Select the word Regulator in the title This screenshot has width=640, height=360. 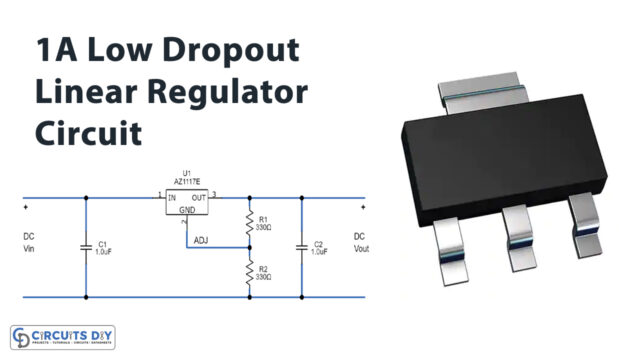[227, 92]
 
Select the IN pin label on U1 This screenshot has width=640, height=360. [173, 197]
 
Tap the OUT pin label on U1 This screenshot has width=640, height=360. [200, 197]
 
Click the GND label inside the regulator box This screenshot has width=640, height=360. [187, 210]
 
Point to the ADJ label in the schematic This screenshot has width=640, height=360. [201, 240]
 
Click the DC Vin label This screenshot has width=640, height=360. [28, 244]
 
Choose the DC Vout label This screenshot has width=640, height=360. [360, 244]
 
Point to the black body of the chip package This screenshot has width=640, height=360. [500, 160]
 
